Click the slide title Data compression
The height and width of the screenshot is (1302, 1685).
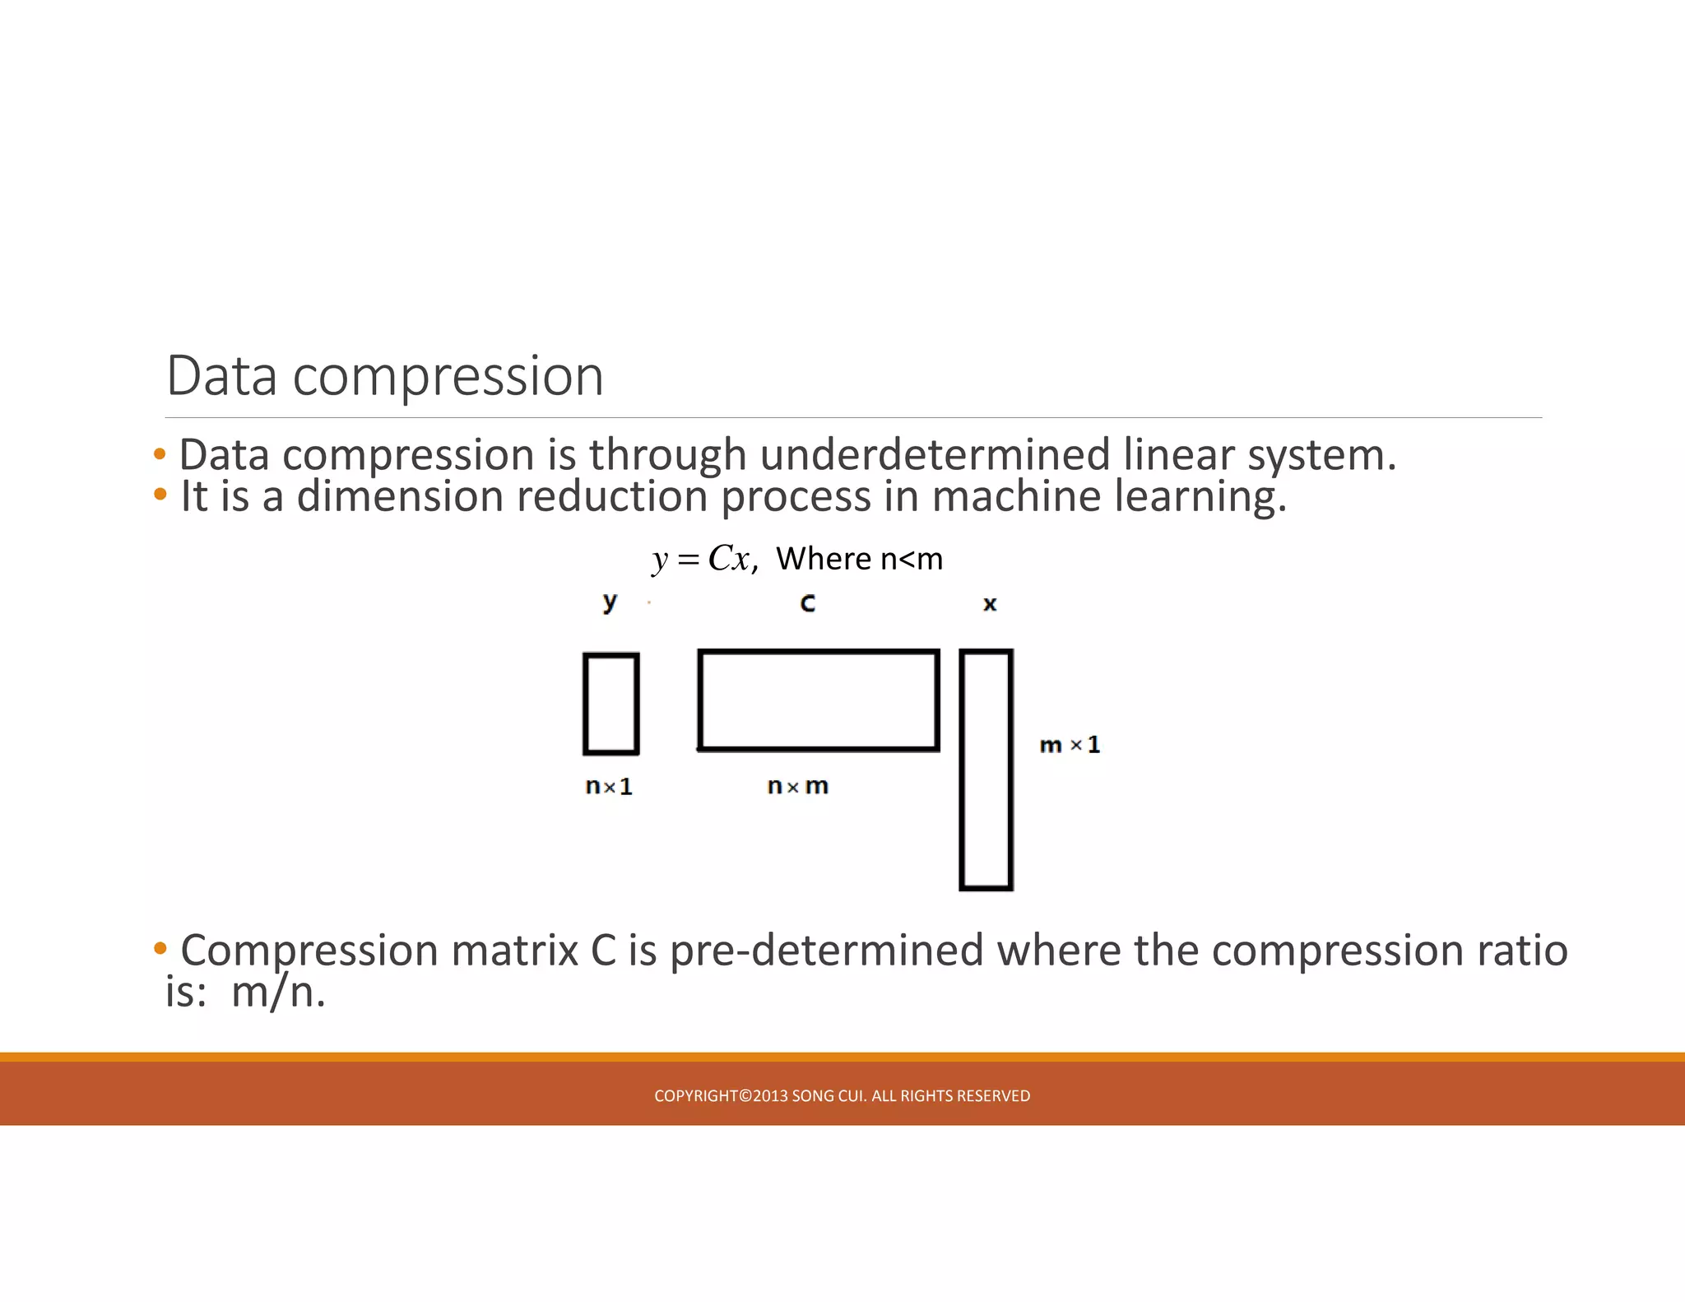385,376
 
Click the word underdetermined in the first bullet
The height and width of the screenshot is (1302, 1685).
935,455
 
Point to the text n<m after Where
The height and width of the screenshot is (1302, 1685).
911,559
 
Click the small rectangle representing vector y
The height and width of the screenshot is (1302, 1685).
610,704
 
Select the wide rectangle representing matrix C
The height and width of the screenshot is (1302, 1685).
818,700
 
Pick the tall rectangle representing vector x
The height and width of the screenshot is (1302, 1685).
986,770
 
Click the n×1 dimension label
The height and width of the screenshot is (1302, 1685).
609,787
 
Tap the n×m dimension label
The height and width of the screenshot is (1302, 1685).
797,786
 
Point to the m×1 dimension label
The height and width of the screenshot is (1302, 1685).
1069,745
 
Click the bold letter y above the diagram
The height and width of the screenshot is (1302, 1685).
610,602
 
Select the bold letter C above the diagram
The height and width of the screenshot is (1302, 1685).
808,603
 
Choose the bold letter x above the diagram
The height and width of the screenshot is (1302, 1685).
990,604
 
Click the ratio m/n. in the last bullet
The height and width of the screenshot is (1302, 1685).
278,992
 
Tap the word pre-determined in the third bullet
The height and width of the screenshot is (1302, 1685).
826,951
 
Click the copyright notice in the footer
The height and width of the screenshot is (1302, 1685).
842,1095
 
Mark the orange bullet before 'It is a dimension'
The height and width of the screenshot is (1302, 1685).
160,495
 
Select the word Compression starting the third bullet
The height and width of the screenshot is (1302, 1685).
309,951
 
